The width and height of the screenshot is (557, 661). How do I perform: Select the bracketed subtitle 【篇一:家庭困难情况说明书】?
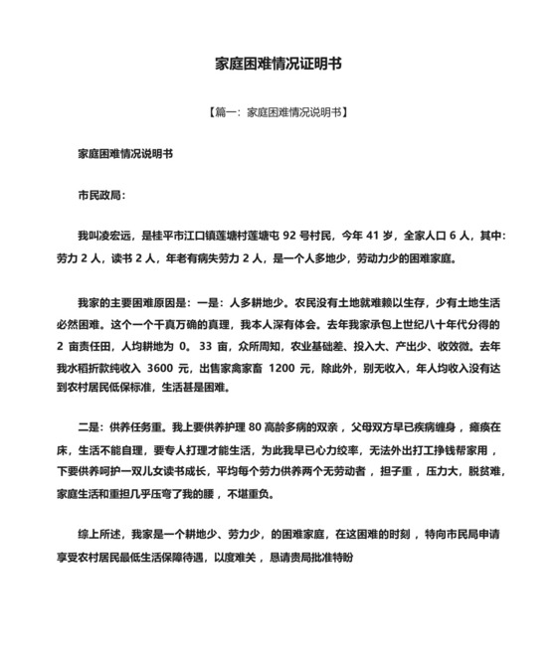[x=278, y=112]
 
